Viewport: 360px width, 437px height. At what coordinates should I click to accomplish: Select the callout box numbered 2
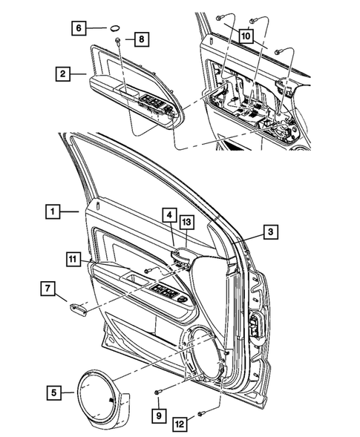coord(65,73)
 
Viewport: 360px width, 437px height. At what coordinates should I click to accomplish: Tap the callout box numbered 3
coord(271,233)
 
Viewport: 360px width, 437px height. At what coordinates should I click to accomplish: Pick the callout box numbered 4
coord(169,216)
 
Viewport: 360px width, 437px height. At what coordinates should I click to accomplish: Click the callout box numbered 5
coord(53,388)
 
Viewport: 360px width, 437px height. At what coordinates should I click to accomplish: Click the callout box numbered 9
coord(159,416)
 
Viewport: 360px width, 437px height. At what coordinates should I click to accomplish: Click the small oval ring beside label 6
coord(115,27)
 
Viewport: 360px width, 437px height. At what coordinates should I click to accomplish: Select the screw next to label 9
coord(159,392)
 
